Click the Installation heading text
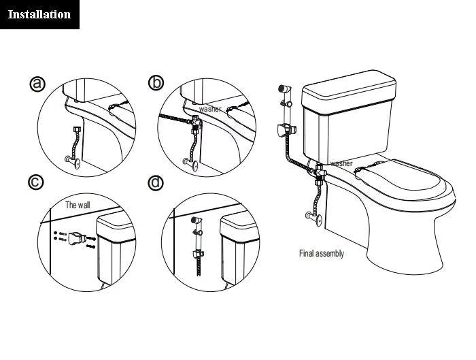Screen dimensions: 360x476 (39, 14)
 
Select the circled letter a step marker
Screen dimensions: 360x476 (38, 83)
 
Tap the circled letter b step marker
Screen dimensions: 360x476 (156, 83)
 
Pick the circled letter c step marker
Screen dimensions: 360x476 (37, 182)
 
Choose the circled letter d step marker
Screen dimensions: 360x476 (156, 182)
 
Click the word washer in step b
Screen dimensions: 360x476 (209, 109)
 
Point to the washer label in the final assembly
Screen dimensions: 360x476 (341, 163)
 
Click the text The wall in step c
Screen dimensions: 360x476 (78, 204)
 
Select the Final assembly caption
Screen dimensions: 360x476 (322, 254)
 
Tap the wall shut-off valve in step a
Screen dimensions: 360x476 (72, 162)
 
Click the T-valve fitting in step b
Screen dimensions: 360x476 (196, 124)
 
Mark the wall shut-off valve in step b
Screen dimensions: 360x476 (190, 163)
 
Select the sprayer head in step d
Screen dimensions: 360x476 (196, 221)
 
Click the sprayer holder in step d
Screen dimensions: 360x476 (198, 255)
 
